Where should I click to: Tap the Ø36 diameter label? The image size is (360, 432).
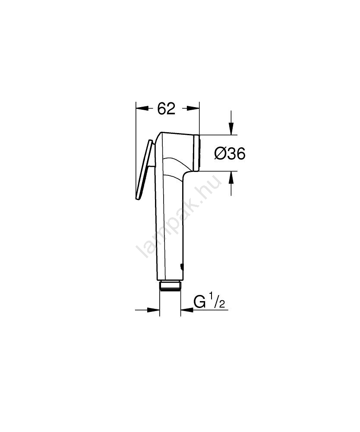(230, 153)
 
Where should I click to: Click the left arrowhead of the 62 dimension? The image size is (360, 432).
(142, 108)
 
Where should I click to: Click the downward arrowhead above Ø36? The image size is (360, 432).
(231, 129)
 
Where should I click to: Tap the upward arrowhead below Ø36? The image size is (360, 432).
(231, 177)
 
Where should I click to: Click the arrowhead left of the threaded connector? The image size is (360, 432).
(154, 310)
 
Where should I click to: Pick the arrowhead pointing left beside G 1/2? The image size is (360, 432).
(187, 310)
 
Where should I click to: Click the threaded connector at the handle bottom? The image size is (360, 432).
(170, 286)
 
